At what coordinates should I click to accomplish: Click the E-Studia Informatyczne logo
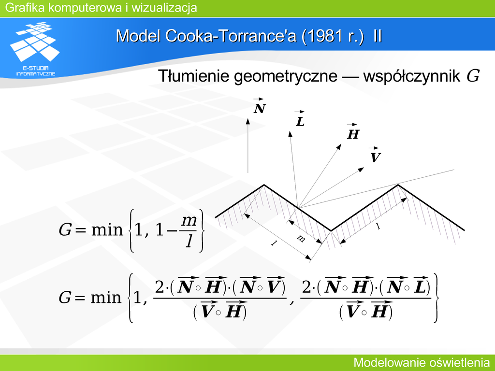(35, 49)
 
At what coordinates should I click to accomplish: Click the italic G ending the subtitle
(473, 76)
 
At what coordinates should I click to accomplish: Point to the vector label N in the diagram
(260, 106)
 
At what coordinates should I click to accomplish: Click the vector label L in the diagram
(300, 119)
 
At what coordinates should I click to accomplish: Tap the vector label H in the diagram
(353, 132)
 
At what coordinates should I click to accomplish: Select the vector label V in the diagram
(375, 155)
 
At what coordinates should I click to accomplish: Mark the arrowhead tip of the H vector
(341, 144)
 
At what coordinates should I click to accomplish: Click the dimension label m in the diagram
(301, 239)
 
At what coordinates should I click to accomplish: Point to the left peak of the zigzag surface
(264, 185)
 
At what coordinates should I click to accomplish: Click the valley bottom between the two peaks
(331, 230)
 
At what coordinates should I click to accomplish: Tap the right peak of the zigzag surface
(398, 185)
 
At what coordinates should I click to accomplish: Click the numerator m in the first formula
(189, 220)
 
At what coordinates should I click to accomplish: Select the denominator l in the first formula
(189, 241)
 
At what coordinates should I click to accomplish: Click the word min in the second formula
(106, 297)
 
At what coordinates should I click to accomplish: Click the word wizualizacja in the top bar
(164, 8)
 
